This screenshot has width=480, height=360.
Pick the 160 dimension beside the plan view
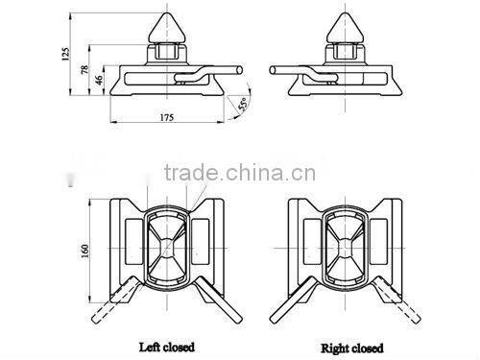pyautogui.click(x=83, y=250)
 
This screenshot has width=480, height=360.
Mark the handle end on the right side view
pyautogui.click(x=275, y=68)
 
